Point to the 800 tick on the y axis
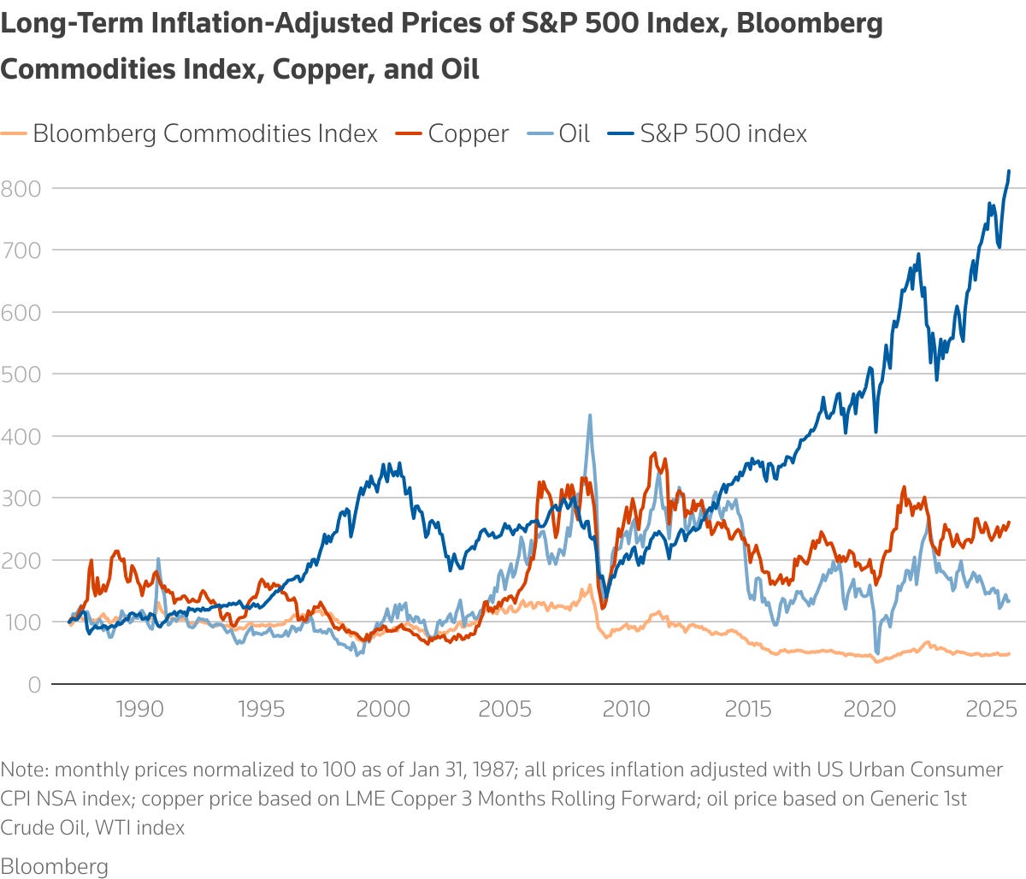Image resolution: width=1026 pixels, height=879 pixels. coord(21,188)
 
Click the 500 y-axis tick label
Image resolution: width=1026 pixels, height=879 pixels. coord(21,374)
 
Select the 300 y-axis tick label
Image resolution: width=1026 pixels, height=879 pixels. coord(21,498)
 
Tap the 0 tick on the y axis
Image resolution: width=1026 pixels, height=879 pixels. coord(34,684)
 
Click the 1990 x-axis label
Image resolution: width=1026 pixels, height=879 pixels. coord(139,709)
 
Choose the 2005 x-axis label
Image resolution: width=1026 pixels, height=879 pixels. coord(504,709)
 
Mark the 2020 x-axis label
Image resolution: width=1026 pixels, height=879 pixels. coord(870,709)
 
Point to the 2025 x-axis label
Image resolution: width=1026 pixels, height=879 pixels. coord(991,709)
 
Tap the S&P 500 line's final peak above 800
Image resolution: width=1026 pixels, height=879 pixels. coord(1009,171)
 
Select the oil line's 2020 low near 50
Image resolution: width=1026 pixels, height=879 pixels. coord(876,653)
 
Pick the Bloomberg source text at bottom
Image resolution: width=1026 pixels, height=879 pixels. coord(54,866)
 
